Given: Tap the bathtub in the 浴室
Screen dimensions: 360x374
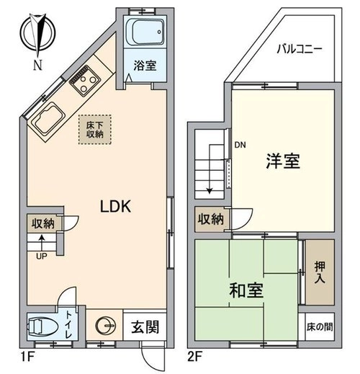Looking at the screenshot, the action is pos(145,32).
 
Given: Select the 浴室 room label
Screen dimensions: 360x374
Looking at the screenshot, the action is pos(145,66).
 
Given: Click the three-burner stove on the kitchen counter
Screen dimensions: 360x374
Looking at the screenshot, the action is pos(85,81).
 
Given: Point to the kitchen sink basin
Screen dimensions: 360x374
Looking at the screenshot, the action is pos(48,118).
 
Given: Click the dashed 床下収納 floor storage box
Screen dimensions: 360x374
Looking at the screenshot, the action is pos(95,130).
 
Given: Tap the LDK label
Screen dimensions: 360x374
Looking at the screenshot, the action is pos(115,206).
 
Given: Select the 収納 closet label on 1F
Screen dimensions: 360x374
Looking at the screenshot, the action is pos(43,223).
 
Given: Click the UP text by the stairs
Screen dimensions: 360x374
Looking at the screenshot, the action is pos(42,257).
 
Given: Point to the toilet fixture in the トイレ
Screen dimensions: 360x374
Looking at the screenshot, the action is pos(43,326).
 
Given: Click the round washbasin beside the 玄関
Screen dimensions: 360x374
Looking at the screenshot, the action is pos(105,326).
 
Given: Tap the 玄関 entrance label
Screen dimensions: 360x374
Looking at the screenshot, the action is pos(145,326).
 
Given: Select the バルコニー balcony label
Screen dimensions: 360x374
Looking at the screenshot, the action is pos(300,49).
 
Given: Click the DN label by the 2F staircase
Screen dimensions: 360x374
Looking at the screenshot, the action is pos(240,145).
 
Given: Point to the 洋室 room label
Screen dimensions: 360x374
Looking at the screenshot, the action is pos(283,161).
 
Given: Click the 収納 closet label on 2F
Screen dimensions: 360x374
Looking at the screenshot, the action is pos(210,219).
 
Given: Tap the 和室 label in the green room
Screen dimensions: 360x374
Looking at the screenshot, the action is pos(246,290).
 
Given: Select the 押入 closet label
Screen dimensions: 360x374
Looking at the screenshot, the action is pos(320,272).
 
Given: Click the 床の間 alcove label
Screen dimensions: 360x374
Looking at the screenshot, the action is pos(320,326).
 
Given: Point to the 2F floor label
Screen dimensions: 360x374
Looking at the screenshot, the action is pos(195,356).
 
